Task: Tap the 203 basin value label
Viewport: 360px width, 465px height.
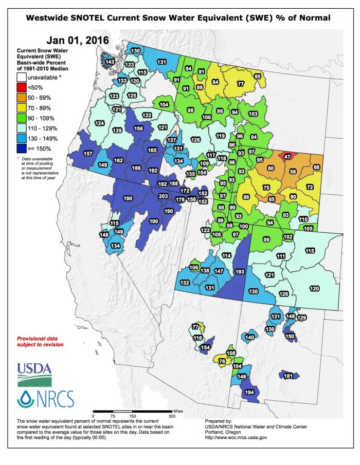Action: (x=164, y=196)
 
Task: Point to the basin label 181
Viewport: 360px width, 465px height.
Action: (x=288, y=376)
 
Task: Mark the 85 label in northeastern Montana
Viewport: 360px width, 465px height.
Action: (x=258, y=77)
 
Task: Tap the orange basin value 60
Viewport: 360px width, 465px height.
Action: (x=271, y=168)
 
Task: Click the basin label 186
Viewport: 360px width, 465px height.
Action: (x=136, y=168)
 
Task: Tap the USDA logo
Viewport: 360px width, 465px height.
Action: (x=34, y=374)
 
